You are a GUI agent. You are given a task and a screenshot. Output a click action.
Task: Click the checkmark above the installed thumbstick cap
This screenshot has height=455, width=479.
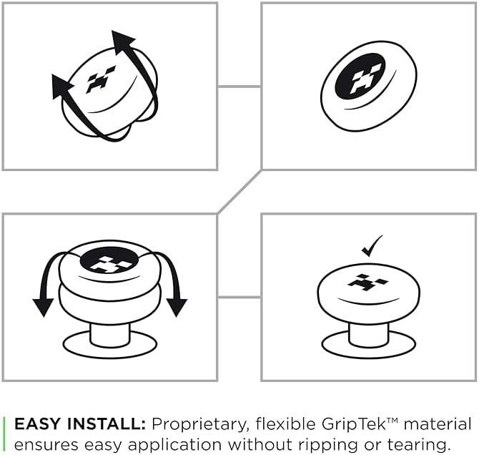click(x=371, y=247)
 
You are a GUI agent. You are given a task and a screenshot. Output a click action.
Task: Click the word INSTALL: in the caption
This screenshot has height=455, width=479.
click(x=106, y=424)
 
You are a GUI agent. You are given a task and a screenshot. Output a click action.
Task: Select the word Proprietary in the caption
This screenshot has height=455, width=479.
click(x=199, y=425)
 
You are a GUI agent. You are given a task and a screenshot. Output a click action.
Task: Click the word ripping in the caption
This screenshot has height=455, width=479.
click(x=328, y=445)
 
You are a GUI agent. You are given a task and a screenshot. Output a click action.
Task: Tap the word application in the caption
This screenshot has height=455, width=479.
click(x=174, y=445)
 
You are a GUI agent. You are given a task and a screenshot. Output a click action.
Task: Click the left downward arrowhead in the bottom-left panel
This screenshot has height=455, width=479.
click(x=43, y=307)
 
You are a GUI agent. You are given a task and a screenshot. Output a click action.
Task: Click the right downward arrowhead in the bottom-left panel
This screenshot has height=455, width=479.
click(x=177, y=307)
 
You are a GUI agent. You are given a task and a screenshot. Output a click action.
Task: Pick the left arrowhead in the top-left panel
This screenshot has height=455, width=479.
click(x=61, y=87)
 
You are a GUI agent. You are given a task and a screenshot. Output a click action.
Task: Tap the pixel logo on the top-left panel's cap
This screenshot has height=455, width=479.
click(x=100, y=79)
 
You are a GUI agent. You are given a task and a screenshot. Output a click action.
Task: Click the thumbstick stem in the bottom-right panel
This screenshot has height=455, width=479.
click(x=368, y=334)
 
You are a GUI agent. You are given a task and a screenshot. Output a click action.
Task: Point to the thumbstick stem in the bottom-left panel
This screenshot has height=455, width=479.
click(x=110, y=334)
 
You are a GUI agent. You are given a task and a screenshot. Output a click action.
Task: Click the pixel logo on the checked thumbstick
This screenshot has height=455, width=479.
click(x=367, y=283)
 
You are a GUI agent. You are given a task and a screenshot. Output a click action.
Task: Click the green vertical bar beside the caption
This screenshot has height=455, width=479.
click(x=4, y=434)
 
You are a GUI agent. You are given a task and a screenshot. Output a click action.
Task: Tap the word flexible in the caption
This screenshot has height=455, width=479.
click(x=286, y=424)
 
